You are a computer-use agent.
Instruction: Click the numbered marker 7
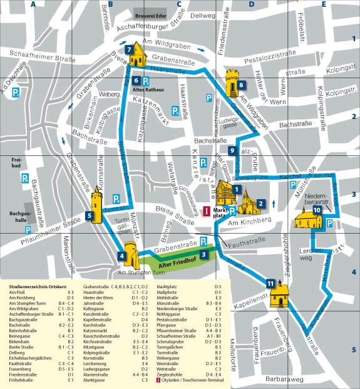128,49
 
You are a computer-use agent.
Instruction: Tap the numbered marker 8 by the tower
241,85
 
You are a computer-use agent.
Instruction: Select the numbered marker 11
270,284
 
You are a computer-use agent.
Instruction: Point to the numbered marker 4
121,255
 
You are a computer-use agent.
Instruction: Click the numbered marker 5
90,216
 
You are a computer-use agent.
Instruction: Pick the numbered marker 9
232,151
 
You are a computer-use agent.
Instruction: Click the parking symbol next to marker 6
146,80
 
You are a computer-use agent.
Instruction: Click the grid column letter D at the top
252,4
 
